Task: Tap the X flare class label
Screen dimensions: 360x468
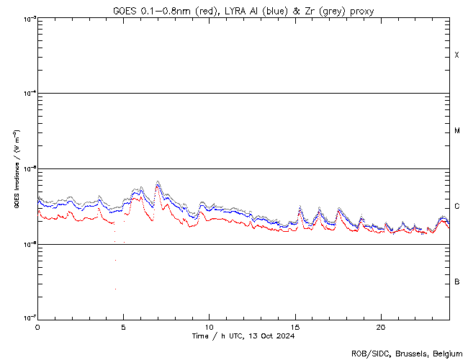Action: pyautogui.click(x=457, y=55)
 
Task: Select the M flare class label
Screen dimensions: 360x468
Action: pyautogui.click(x=457, y=131)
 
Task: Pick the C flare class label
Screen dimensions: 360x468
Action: pyautogui.click(x=457, y=207)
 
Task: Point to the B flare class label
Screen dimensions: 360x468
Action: pyautogui.click(x=457, y=282)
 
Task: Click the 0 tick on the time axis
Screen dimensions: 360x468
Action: pyautogui.click(x=37, y=326)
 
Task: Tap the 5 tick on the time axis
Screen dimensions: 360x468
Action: pyautogui.click(x=123, y=326)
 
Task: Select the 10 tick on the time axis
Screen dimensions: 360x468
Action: pyautogui.click(x=209, y=326)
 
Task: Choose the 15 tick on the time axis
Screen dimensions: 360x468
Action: pyautogui.click(x=294, y=326)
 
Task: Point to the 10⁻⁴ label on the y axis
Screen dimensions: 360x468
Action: pyautogui.click(x=30, y=94)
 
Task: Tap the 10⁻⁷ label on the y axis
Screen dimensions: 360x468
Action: pyautogui.click(x=30, y=318)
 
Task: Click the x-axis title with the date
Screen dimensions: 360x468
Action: pyautogui.click(x=243, y=336)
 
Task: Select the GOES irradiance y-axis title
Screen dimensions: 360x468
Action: pyautogui.click(x=16, y=169)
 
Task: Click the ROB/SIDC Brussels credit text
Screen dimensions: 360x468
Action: pyautogui.click(x=406, y=354)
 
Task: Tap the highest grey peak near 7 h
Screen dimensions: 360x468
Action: pyautogui.click(x=158, y=181)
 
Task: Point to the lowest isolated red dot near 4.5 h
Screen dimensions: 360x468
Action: pyautogui.click(x=115, y=289)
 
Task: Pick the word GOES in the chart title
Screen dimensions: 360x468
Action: pyautogui.click(x=124, y=10)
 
